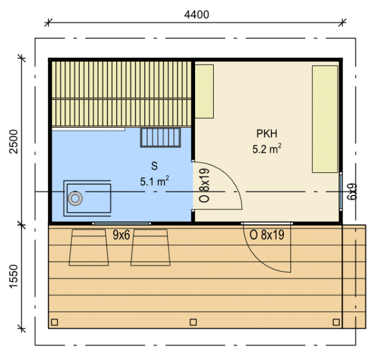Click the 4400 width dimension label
coord(196,15)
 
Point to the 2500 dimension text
coord(14,142)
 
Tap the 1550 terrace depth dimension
coord(14,276)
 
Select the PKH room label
coord(267,134)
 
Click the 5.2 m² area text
coord(267,149)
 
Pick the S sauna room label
coord(154,166)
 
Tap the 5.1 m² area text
coord(154,181)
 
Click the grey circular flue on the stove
coord(76,199)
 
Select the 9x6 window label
coord(121,235)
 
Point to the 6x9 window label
coord(352,191)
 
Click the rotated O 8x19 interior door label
coord(204,185)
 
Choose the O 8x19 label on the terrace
coord(267,235)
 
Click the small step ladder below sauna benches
coord(160,137)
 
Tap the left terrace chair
coord(89,247)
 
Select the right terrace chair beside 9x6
coord(151,247)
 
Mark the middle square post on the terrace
coord(193,322)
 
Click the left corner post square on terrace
coord(55,322)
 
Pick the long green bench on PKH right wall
coord(325,119)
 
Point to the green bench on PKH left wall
coord(204,91)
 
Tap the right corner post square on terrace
coord(336,322)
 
